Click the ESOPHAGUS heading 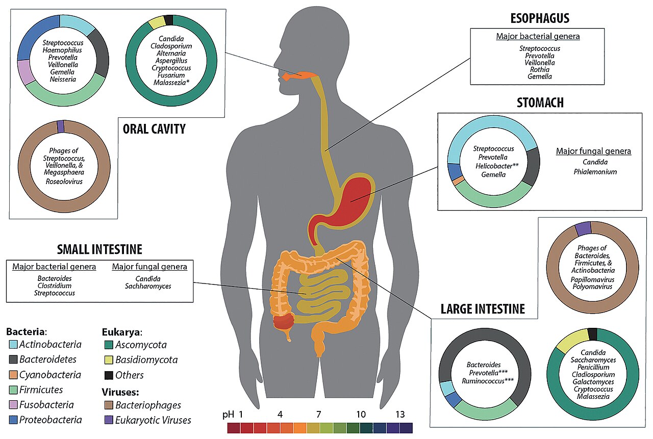540,19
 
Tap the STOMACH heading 540,102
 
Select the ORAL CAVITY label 154,129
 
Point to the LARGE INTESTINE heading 483,308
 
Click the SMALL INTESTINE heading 99,249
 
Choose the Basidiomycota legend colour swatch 108,359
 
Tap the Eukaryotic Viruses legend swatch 108,420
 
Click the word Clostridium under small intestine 54,286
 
